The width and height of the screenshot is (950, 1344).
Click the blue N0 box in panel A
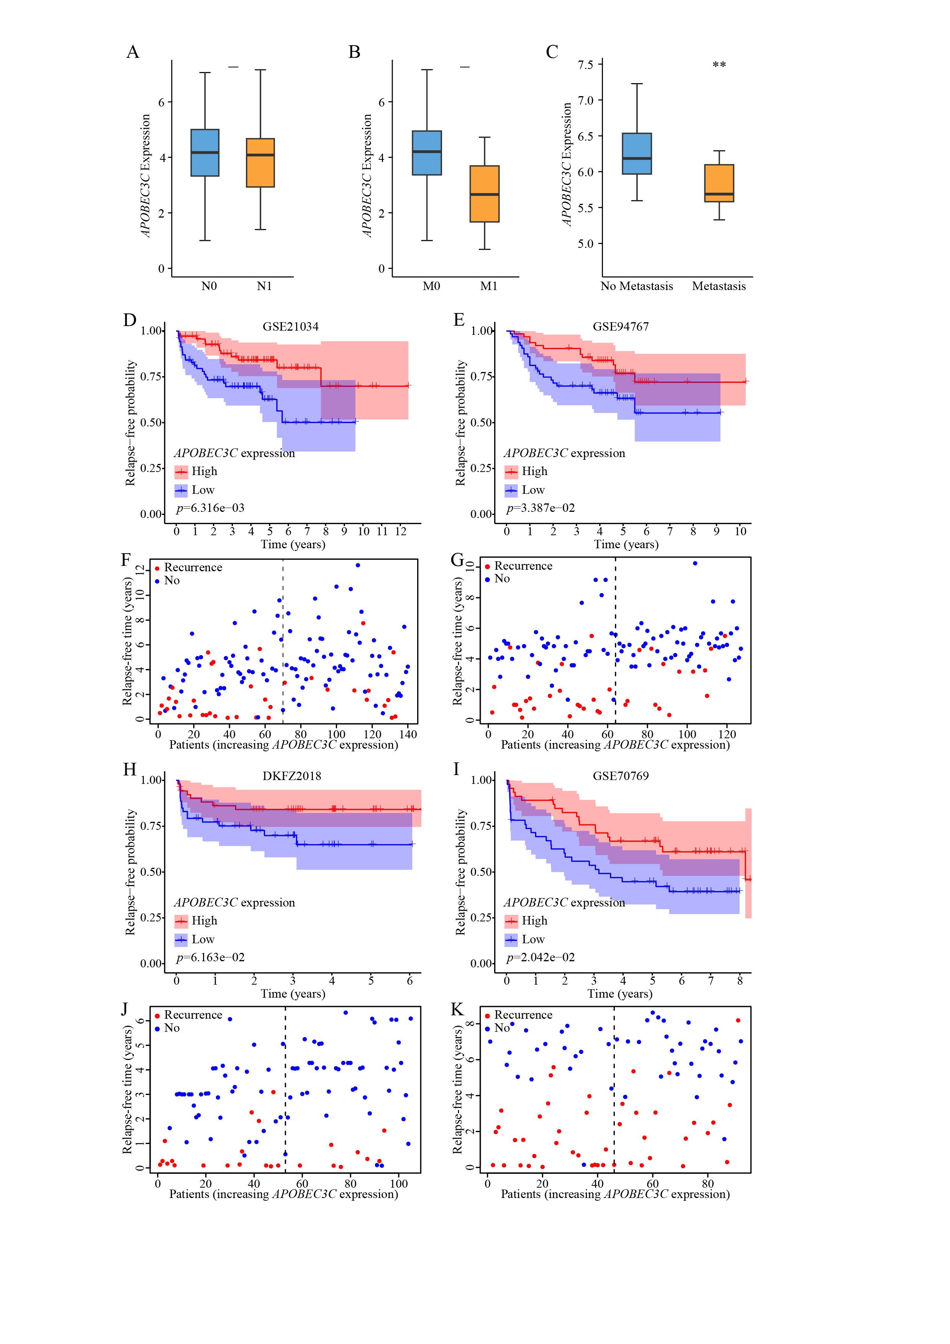pos(205,152)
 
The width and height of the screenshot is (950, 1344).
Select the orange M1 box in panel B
pos(485,194)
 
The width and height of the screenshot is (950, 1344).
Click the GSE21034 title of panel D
pos(290,327)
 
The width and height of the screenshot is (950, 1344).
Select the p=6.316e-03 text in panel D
pos(210,508)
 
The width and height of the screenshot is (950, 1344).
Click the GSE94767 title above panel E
pos(621,327)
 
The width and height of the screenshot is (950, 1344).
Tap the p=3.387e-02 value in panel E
pos(540,508)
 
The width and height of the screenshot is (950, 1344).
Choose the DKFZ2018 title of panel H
pos(292,776)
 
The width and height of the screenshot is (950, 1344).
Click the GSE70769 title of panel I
pos(621,776)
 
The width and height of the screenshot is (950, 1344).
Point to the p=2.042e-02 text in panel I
pos(540,958)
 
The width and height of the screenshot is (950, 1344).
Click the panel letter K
pos(457,1009)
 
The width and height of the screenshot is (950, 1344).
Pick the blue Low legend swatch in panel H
pos(181,939)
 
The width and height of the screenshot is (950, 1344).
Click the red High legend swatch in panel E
pos(511,472)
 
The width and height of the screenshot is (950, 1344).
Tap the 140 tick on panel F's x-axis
pos(408,734)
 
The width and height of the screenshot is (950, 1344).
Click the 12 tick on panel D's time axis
pos(400,531)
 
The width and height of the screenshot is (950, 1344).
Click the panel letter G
pos(457,560)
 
